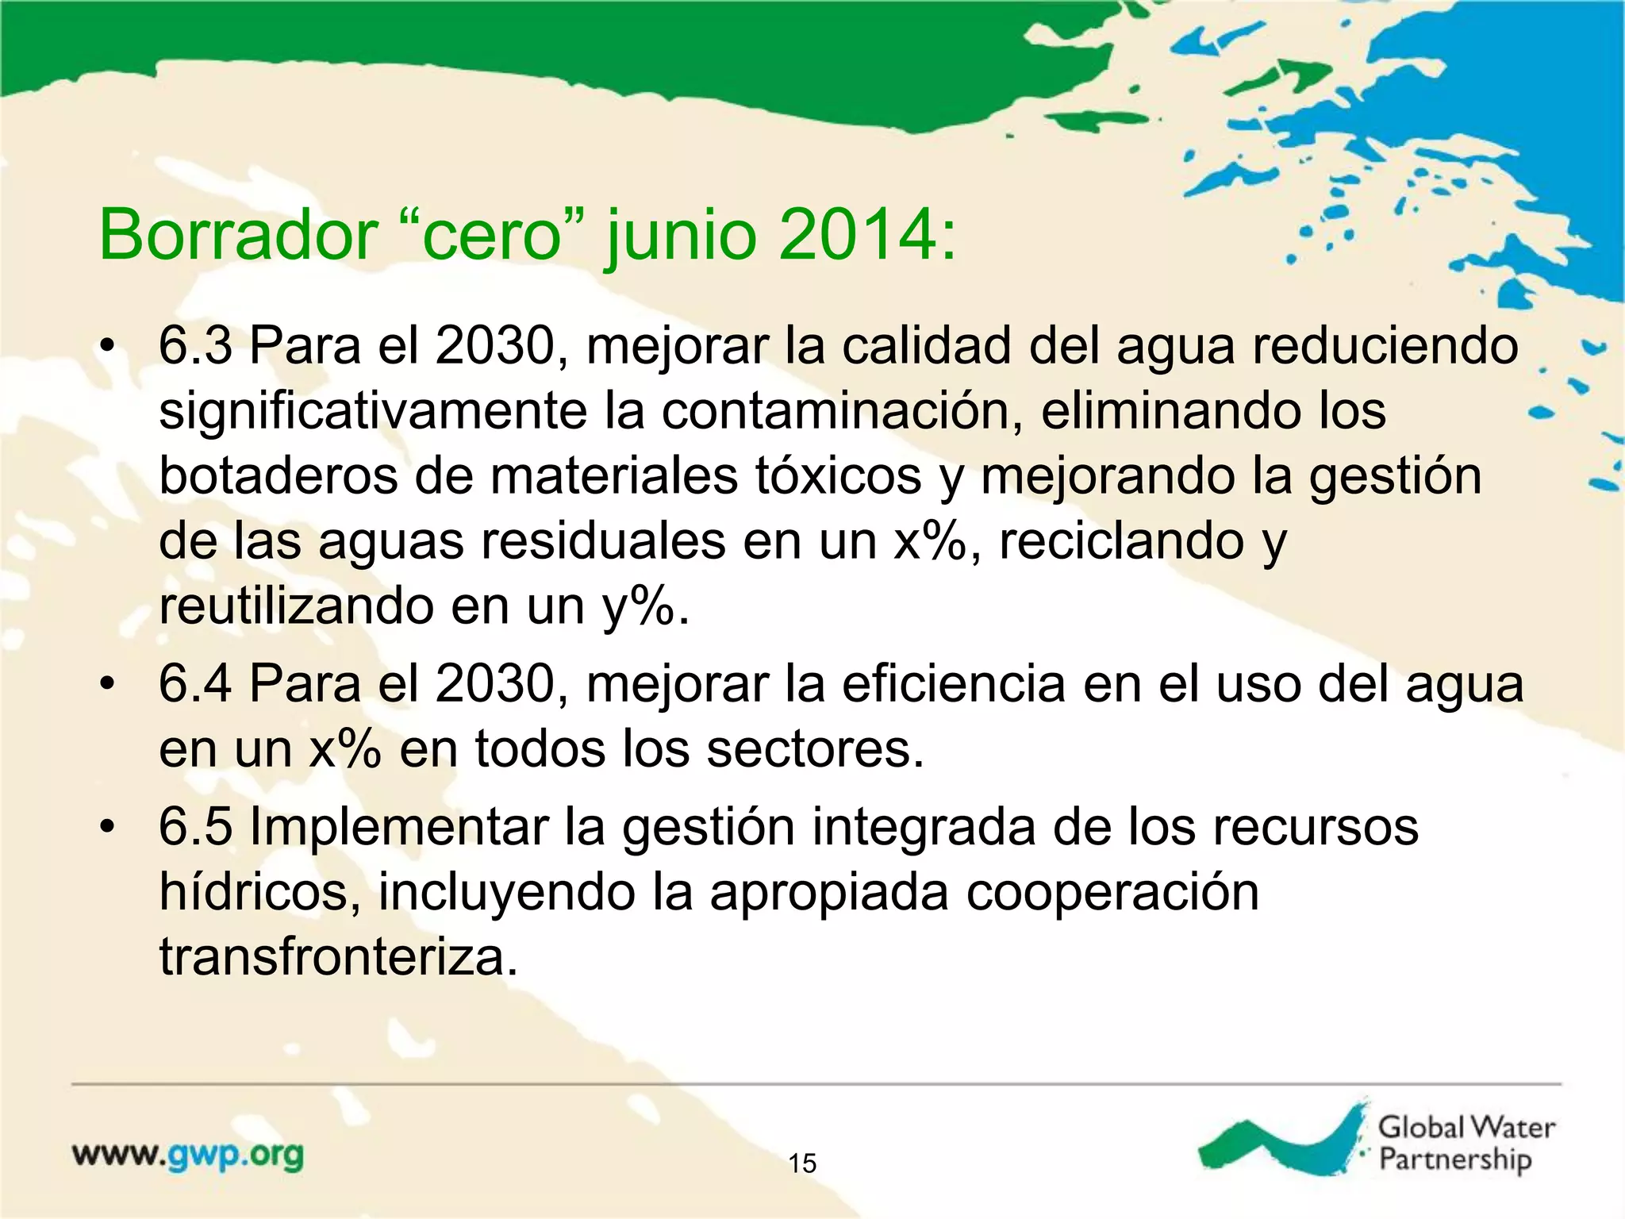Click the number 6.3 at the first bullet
(195, 346)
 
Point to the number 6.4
(195, 684)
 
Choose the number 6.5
(195, 827)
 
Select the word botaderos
(278, 476)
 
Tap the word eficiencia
(952, 684)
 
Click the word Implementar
(399, 827)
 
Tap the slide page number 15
(802, 1163)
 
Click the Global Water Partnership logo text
(1465, 1143)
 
